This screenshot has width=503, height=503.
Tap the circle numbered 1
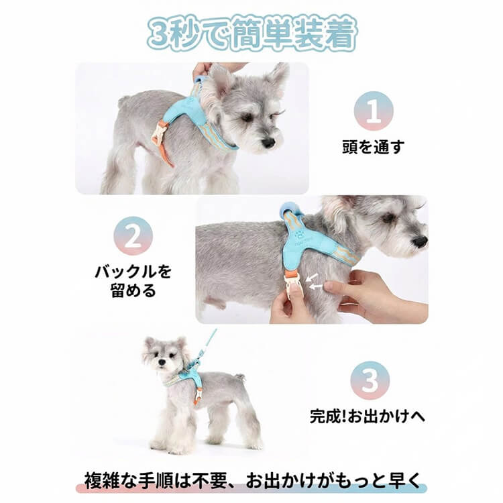[x=374, y=111]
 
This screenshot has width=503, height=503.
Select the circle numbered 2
[x=133, y=236]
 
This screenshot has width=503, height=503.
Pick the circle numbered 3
[x=370, y=380]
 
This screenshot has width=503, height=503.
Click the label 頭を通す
[x=374, y=147]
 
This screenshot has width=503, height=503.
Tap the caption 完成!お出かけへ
[x=367, y=416]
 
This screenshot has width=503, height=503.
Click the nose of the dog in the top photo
[x=268, y=143]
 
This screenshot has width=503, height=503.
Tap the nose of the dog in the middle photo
[x=420, y=241]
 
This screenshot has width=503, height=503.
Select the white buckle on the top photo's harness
[x=158, y=132]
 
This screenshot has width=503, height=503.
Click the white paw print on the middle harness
[x=299, y=235]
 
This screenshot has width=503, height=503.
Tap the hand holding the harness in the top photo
[x=201, y=70]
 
